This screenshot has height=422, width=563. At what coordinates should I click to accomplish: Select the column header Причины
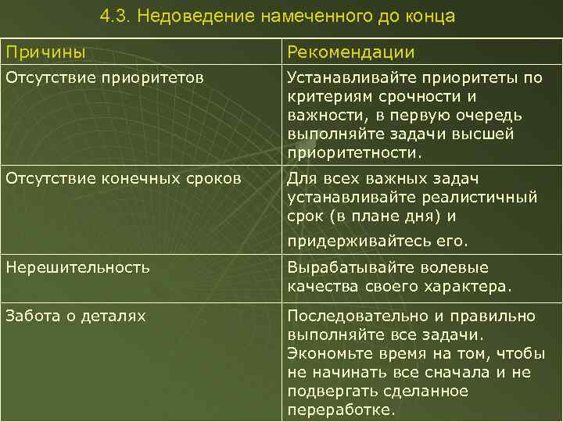pos(45,52)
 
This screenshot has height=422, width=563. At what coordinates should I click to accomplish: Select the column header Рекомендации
pos(350,52)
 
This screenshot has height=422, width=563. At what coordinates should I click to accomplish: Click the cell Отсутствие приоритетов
pos(105,77)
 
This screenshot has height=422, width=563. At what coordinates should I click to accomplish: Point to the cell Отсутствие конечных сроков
pos(123,179)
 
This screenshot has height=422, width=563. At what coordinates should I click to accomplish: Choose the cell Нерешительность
pos(77,267)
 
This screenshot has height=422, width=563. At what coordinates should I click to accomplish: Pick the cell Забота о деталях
pos(75,316)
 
